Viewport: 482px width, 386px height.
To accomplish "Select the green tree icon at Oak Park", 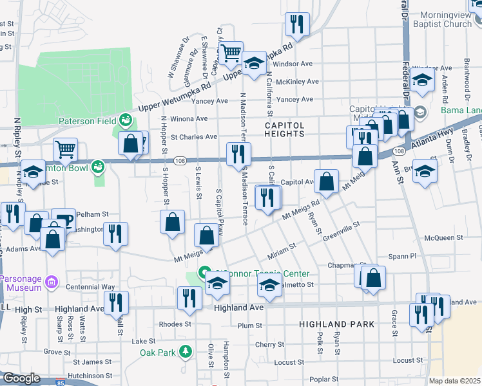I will (186, 351).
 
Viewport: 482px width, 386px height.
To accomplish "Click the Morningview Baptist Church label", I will (446, 19).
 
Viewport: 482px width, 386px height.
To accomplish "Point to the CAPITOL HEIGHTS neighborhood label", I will (284, 129).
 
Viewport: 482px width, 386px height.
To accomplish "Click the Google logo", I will (22, 378).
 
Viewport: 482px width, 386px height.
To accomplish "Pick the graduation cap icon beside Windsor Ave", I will (254, 63).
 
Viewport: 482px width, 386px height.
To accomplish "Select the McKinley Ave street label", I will (297, 82).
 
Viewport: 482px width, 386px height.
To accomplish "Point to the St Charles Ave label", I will (193, 137).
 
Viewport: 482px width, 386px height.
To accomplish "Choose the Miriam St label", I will (282, 246).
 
